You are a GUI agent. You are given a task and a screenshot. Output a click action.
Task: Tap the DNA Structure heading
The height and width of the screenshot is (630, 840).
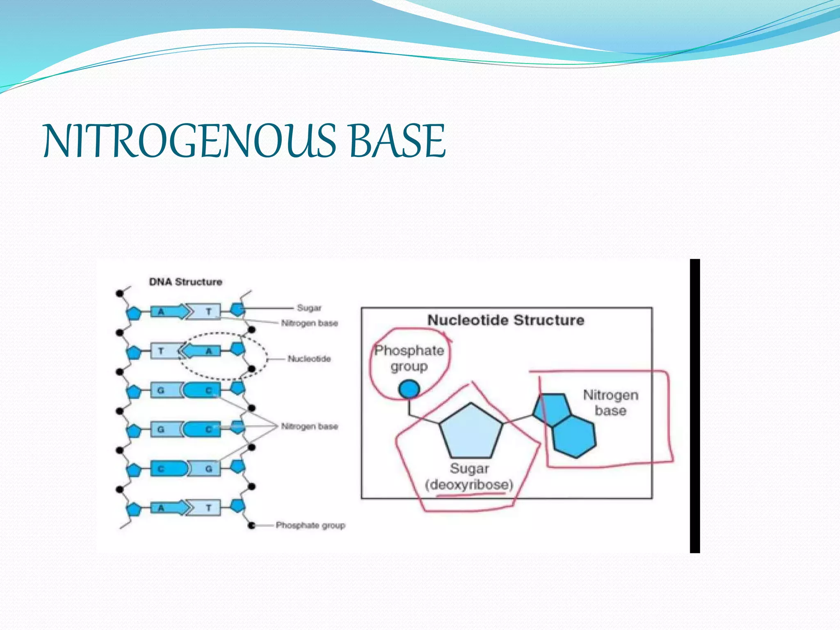[x=185, y=282]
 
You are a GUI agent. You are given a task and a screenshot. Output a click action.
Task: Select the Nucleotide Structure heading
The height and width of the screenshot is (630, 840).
[x=506, y=320]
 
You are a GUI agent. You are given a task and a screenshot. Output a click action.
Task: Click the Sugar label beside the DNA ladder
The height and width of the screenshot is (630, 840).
[x=309, y=308]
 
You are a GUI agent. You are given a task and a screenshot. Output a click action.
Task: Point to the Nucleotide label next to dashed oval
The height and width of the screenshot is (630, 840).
[x=309, y=359]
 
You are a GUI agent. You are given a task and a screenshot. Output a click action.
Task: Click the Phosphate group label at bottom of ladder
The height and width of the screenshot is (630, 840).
[x=310, y=525]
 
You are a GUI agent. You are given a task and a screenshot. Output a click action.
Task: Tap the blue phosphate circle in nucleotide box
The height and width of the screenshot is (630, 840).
[x=409, y=389]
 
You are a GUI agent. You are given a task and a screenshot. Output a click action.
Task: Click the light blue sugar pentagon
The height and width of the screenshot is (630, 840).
[x=471, y=433]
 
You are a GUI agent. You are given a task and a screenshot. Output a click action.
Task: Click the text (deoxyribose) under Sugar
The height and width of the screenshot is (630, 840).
[x=469, y=485]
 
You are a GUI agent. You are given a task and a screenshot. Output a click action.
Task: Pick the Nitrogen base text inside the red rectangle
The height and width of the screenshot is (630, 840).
[x=611, y=403]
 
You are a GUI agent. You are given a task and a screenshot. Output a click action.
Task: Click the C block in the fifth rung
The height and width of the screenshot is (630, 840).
[x=168, y=468]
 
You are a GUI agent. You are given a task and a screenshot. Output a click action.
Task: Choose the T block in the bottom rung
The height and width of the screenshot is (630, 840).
[x=207, y=508]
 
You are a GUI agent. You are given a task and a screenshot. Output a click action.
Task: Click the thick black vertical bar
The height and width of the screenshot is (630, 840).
[x=695, y=406]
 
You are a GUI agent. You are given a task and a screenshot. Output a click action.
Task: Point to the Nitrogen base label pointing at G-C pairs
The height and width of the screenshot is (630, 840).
[x=310, y=427]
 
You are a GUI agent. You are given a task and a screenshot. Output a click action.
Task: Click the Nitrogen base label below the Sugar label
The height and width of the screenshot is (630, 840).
[x=310, y=323]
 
